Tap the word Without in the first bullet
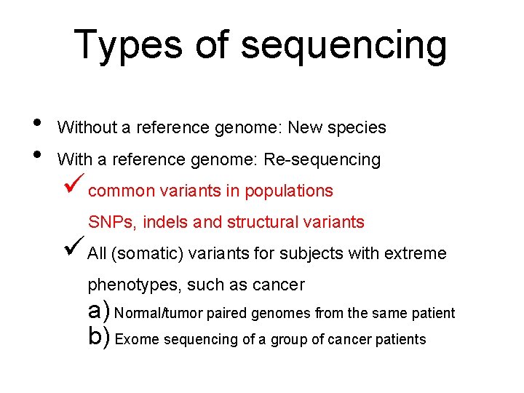(87, 128)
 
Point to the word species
(358, 128)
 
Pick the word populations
(289, 191)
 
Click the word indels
(167, 223)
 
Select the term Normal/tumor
(159, 314)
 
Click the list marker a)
(98, 312)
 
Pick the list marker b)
(98, 338)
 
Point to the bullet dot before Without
(37, 122)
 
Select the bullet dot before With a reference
(37, 153)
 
